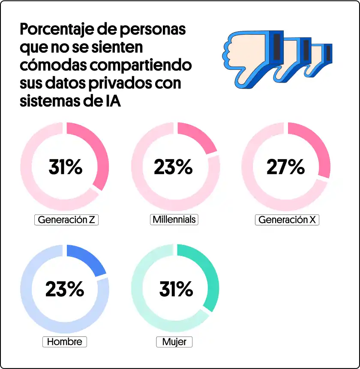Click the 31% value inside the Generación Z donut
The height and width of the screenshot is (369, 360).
[x=65, y=167]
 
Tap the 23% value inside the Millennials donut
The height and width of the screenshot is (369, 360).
[x=173, y=167]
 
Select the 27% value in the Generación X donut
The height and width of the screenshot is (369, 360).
[x=285, y=167]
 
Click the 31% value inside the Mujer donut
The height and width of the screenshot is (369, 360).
[x=176, y=290]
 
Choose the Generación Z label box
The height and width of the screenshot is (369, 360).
[x=66, y=220]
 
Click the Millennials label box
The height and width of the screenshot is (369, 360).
[x=174, y=220]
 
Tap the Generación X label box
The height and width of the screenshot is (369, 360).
[x=288, y=220]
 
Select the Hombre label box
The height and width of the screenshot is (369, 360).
[x=65, y=342]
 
